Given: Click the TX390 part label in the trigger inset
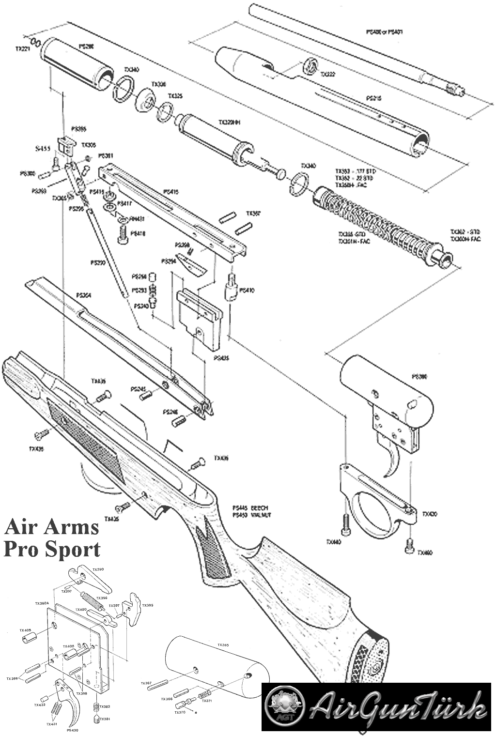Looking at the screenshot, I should click(98, 569).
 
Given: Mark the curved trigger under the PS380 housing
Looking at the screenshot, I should click(395, 462).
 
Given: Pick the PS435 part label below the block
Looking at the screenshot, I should click(220, 358).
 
